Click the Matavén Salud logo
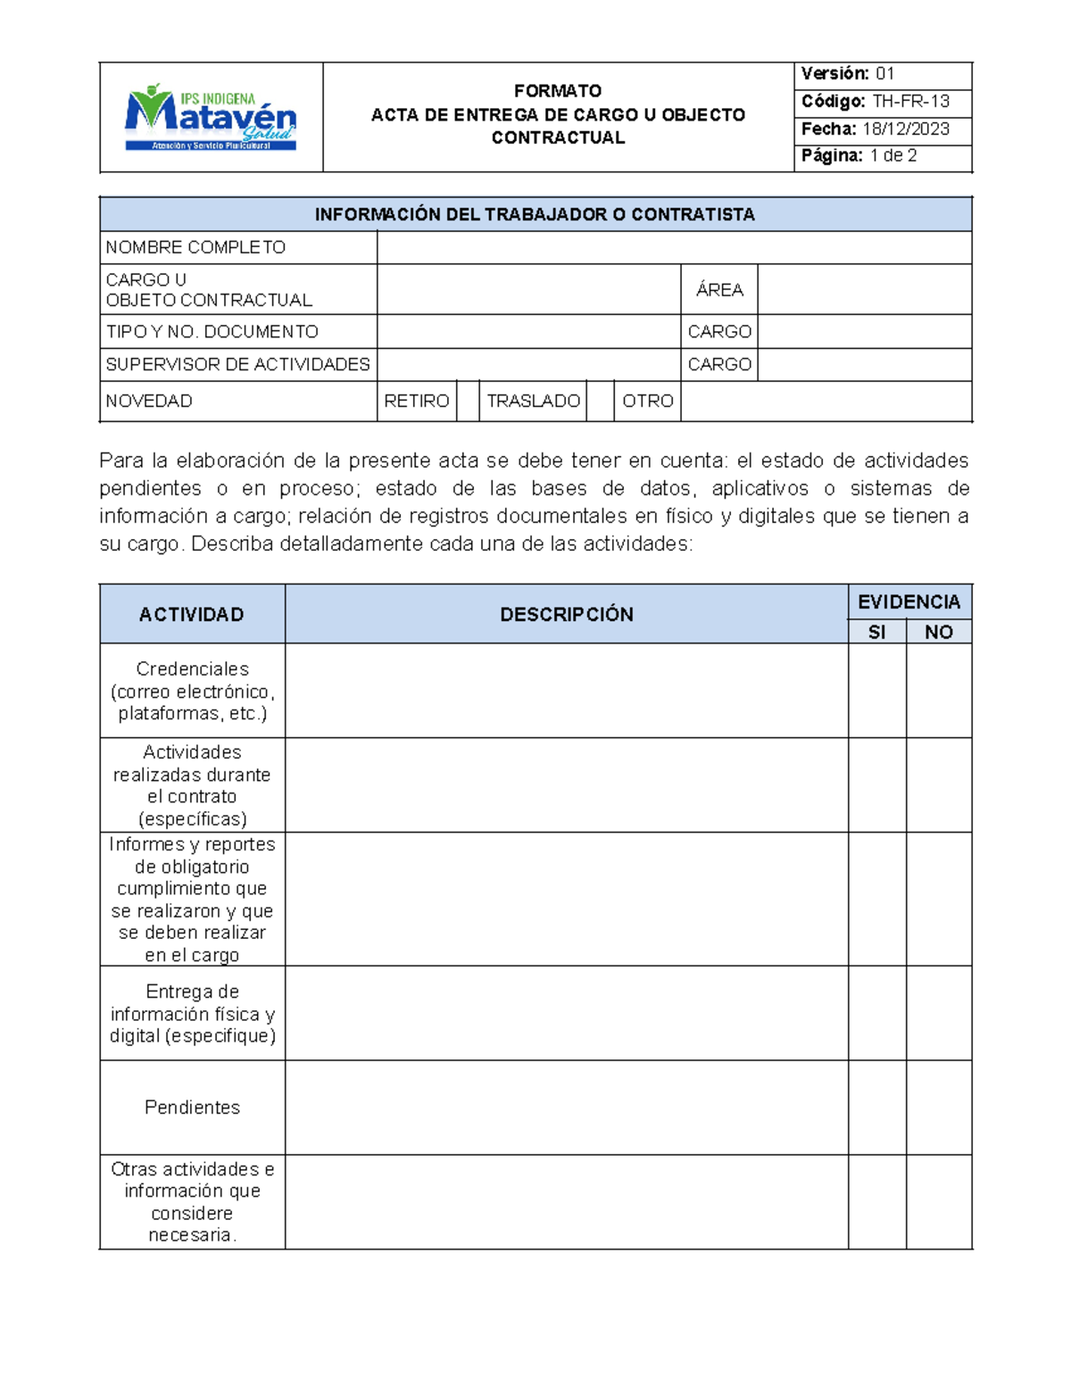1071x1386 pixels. pos(211,118)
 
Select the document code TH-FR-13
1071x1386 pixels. pos(910,101)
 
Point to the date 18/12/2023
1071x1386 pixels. pos(906,129)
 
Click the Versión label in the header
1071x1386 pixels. pos(834,74)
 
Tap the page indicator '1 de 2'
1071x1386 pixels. pos(893,156)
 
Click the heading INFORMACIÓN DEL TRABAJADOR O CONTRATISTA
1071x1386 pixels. pos(535,214)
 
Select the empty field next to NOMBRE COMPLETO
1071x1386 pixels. pos(674,247)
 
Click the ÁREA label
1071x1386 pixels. pos(719,289)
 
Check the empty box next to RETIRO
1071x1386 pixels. pos(468,401)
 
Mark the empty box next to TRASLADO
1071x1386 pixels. pos(600,401)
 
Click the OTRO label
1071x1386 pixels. pos(647,401)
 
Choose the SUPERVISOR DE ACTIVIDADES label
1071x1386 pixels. pos(237,364)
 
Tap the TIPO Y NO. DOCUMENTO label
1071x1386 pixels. pos(212,331)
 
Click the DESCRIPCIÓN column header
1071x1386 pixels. pos(566,614)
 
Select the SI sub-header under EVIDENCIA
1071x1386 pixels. pos(876,632)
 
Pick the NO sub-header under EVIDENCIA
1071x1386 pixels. pos(938,632)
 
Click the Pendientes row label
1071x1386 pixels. pos(192,1107)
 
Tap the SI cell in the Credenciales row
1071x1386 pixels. pos(876,690)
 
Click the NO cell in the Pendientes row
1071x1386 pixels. pos(938,1107)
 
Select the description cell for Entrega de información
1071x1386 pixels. pos(566,1013)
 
